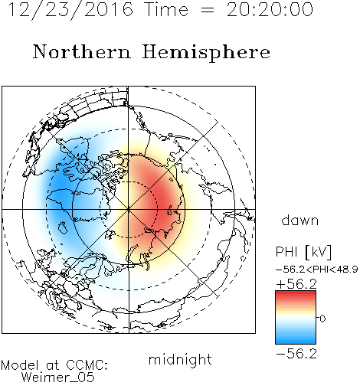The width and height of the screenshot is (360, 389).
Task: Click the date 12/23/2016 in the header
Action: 70,10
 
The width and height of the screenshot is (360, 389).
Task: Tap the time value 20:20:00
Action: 270,9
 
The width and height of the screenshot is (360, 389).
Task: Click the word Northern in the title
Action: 82,51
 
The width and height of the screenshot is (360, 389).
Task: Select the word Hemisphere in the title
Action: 206,53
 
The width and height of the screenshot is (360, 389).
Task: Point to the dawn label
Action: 300,220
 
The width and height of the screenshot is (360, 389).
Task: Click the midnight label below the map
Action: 180,359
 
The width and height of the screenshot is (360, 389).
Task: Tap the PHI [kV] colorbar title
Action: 303,252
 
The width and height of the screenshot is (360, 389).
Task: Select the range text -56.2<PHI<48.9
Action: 316,270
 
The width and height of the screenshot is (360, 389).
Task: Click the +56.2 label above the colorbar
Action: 296,284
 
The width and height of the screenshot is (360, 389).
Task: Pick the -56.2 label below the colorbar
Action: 296,354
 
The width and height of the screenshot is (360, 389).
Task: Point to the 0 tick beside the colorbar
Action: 322,319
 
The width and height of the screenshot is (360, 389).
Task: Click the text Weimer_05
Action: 57,378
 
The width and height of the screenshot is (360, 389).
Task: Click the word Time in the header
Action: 166,9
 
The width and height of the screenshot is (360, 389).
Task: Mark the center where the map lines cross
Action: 129,209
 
